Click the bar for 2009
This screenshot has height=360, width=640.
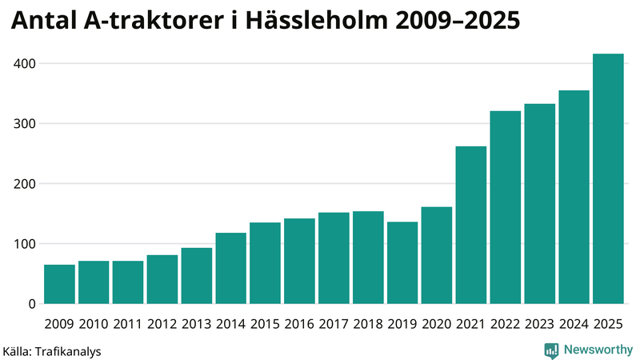[x=59, y=284]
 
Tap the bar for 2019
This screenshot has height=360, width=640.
[x=402, y=262]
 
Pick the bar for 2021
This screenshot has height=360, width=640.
[x=471, y=225]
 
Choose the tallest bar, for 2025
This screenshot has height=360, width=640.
[x=608, y=178]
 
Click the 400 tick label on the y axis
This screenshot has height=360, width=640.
[x=24, y=63]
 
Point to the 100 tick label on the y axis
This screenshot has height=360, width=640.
[x=24, y=244]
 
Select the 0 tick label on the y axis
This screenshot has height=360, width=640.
[x=32, y=304]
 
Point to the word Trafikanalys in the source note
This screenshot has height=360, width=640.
[x=67, y=350]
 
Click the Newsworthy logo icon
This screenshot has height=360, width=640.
[x=551, y=350]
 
